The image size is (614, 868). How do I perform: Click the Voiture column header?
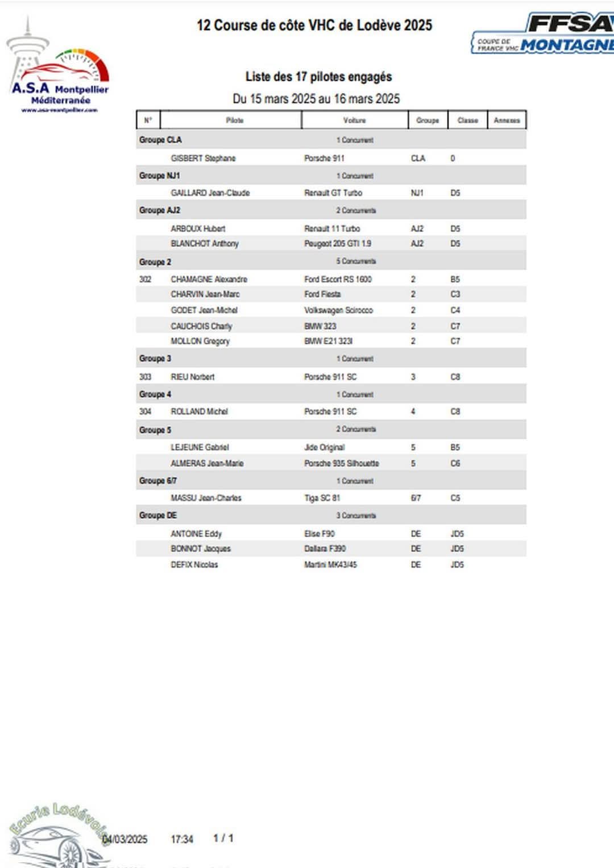click(354, 120)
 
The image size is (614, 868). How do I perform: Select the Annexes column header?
click(507, 120)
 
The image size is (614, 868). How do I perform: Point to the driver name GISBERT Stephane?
click(203, 158)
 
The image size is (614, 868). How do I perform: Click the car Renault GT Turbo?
click(333, 193)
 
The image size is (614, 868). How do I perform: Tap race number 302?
click(146, 279)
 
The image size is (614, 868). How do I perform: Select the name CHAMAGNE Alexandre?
click(209, 279)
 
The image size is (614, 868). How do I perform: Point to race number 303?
click(146, 377)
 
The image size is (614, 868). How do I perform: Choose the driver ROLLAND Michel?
click(199, 411)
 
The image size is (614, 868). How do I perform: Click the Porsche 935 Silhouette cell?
click(341, 464)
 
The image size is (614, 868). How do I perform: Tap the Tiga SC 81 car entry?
click(322, 498)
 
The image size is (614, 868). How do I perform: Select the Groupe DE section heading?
click(158, 515)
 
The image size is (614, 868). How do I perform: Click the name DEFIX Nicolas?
click(194, 565)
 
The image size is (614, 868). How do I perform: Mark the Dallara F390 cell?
click(325, 549)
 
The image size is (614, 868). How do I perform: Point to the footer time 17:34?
click(182, 839)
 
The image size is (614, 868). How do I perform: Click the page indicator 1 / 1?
click(223, 838)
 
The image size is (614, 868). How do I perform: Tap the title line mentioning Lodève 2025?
click(314, 26)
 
